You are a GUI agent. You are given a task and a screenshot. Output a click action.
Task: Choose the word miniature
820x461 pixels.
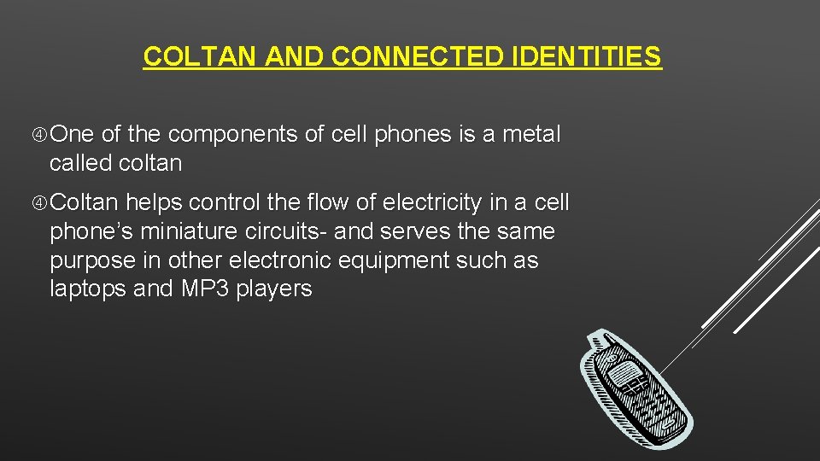(x=182, y=231)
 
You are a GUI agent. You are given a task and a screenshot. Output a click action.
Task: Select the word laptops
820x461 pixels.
(x=88, y=289)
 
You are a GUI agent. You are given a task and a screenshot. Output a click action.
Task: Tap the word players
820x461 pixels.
(x=274, y=289)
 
